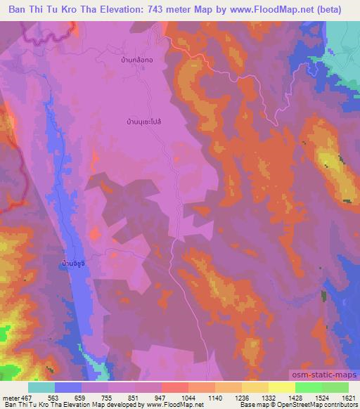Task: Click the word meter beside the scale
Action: [9, 396]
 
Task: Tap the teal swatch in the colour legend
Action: [41, 387]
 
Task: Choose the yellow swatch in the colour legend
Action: [282, 387]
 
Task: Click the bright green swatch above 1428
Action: [309, 387]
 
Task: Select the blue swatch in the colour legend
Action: [68, 387]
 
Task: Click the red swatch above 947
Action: [175, 387]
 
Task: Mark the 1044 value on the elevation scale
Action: [188, 396]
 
